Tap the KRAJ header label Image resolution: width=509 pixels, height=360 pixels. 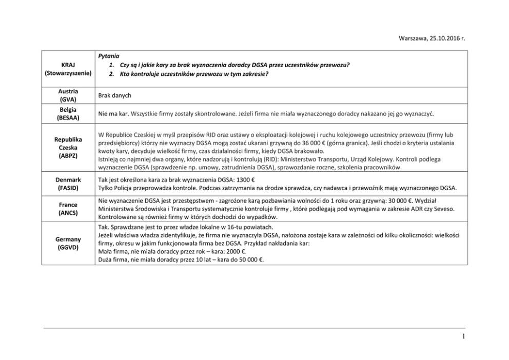[x=68, y=65]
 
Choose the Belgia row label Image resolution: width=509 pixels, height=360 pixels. [x=69, y=109]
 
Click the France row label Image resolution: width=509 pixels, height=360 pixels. [x=69, y=204]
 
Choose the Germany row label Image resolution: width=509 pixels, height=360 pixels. [x=69, y=239]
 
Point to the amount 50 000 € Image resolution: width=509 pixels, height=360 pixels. [x=248, y=259]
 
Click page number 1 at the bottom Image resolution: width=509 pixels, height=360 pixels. [x=463, y=337]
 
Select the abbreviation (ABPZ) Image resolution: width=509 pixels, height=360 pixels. [x=69, y=155]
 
